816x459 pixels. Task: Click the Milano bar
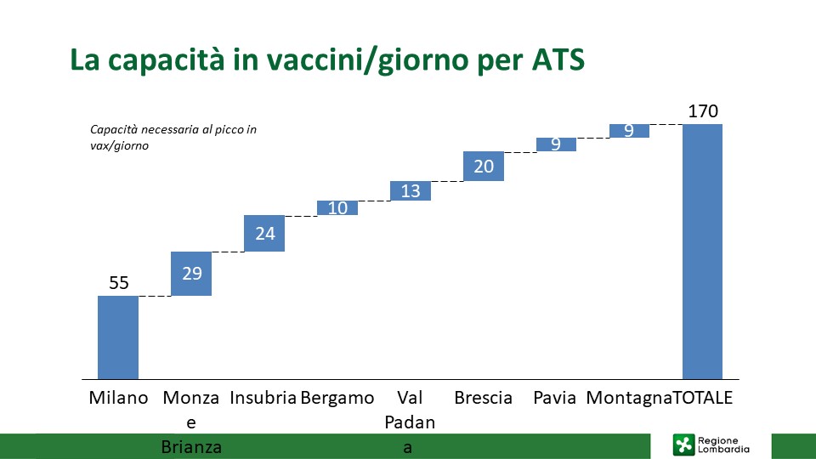click(x=118, y=337)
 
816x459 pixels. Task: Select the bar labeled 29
click(x=191, y=274)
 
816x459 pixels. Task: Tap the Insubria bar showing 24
click(x=264, y=233)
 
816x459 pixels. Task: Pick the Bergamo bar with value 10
click(x=337, y=207)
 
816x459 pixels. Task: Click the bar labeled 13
click(x=411, y=191)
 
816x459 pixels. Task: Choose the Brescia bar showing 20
click(x=484, y=166)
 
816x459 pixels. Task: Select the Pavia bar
click(x=556, y=144)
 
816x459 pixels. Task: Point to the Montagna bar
click(x=629, y=131)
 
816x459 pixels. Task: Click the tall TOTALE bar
click(x=703, y=252)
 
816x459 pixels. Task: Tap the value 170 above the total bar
click(x=703, y=110)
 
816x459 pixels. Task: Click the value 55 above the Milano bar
click(x=119, y=282)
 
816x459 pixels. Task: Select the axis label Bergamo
click(x=337, y=398)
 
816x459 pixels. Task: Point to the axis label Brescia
click(x=484, y=398)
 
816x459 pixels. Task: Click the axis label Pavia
click(x=555, y=398)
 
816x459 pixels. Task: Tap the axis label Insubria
click(x=263, y=398)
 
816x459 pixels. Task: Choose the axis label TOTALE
click(x=703, y=398)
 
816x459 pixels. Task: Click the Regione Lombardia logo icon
click(x=683, y=445)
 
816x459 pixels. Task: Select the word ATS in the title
click(x=558, y=59)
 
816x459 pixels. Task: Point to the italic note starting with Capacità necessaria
click(x=173, y=138)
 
